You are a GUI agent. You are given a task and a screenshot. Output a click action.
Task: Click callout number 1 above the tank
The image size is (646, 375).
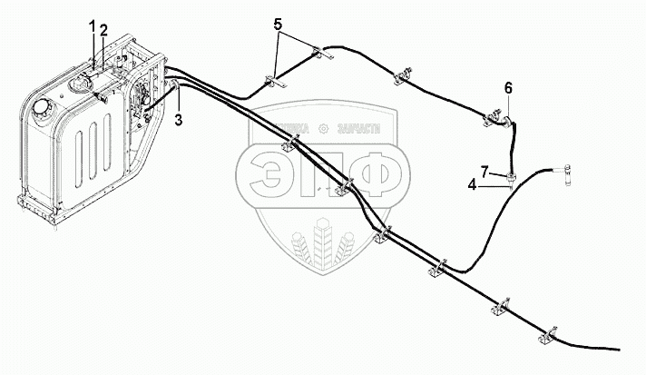click(93, 28)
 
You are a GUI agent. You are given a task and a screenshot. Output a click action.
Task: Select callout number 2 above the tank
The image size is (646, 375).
click(103, 30)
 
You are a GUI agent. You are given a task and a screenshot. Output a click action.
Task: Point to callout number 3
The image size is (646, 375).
click(180, 118)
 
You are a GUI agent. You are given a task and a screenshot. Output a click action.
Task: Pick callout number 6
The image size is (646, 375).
click(508, 88)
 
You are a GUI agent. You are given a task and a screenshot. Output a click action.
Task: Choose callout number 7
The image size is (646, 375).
click(484, 171)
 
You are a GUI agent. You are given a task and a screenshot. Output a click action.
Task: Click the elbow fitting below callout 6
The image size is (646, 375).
click(500, 115)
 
